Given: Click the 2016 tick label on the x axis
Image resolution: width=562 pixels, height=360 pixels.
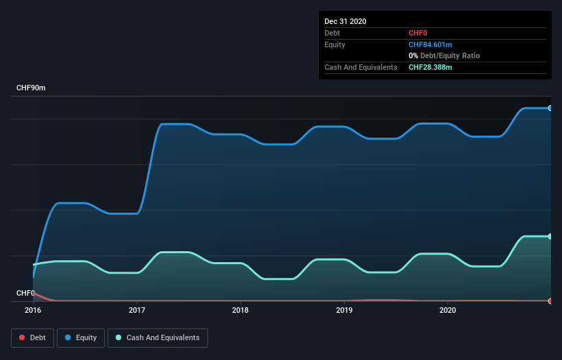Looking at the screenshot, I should click(33, 310).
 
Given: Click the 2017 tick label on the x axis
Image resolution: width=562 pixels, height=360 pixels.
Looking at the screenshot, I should click(137, 310).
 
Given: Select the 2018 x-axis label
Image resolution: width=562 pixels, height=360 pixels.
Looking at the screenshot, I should click(240, 310).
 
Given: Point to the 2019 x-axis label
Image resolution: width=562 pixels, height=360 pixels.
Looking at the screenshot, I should click(344, 310).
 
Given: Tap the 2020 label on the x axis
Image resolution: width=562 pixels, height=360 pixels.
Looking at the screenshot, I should click(448, 310).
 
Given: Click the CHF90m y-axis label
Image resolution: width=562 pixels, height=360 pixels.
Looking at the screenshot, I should click(31, 88).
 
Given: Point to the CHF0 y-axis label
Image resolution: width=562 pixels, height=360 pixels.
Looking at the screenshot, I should click(25, 293).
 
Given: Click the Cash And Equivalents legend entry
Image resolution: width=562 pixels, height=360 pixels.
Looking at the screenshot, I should click(157, 337).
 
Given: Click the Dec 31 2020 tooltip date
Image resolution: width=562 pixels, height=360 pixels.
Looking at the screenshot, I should click(345, 21).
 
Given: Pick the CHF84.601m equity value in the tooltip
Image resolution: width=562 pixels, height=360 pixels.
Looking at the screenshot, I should click(430, 44).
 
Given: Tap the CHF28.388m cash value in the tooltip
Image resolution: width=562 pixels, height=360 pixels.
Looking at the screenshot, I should click(430, 67).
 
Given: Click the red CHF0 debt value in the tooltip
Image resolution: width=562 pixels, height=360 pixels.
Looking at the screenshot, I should click(418, 33).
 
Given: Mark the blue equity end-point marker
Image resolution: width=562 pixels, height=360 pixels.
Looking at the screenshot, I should click(550, 108).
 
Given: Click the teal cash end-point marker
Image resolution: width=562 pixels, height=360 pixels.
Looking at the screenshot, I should click(550, 236).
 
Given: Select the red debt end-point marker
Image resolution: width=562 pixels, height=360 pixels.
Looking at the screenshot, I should click(550, 300).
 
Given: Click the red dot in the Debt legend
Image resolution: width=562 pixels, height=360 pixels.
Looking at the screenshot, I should click(23, 337).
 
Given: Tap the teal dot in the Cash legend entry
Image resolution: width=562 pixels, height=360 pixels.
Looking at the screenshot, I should click(119, 337).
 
